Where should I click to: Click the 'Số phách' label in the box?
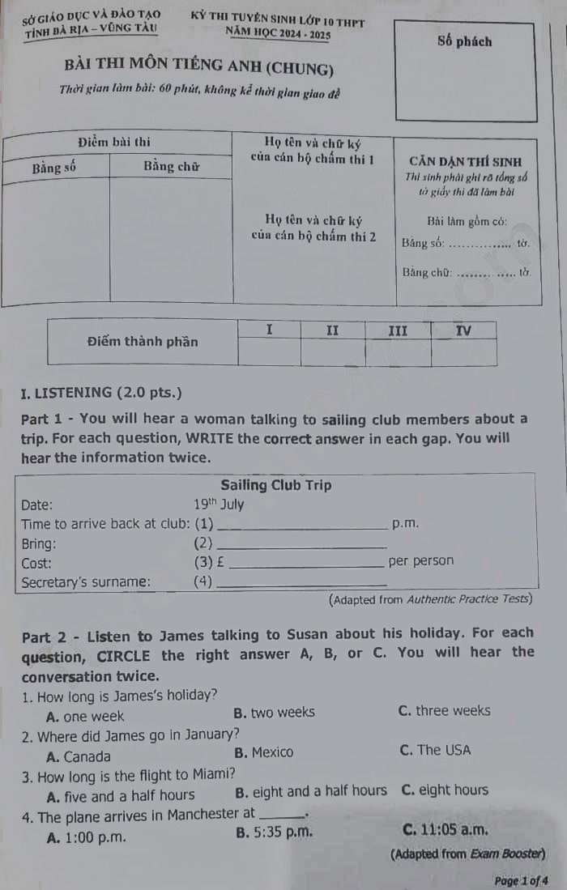point(464,41)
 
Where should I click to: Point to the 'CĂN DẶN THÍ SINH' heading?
point(466,162)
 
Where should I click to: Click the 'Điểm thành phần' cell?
point(143,341)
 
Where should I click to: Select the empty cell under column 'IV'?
point(463,351)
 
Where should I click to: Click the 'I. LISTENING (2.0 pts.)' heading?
point(102,393)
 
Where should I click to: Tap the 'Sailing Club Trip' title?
point(275,485)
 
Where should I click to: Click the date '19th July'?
point(219,505)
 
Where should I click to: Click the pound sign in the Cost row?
point(223,561)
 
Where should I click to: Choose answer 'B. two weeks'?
point(274,713)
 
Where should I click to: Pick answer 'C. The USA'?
point(435,751)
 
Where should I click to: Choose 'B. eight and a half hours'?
point(311,790)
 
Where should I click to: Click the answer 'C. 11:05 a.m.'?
point(445,828)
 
